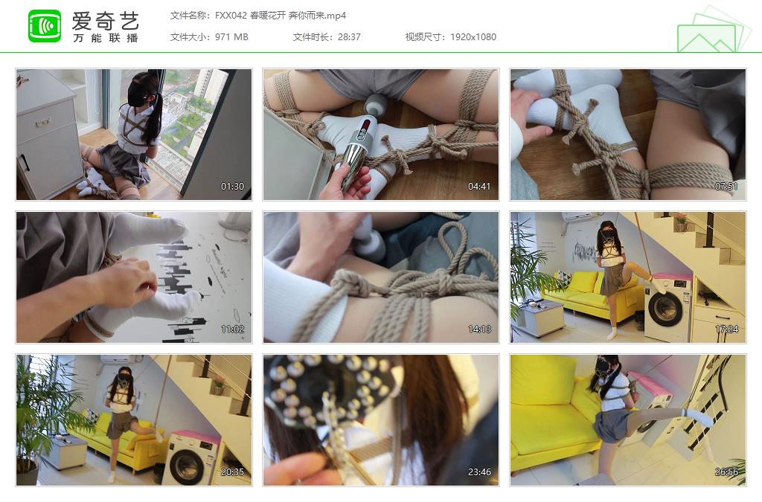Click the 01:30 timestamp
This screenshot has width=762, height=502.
232,187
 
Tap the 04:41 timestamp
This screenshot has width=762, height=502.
479,187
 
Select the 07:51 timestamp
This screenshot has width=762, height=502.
726,187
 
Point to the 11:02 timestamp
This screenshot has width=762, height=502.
232,329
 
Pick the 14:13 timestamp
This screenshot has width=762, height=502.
479,329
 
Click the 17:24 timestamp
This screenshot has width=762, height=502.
726,329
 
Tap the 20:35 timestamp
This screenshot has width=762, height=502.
232,472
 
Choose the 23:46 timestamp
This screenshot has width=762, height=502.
479,472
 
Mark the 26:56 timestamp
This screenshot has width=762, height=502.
726,472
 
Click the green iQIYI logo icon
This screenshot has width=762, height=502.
45,26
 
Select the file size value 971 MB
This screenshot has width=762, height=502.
231,37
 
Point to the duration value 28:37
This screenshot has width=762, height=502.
349,37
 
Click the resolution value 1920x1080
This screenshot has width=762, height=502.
473,37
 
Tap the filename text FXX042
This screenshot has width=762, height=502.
231,16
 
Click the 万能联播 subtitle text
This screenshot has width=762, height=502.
106,38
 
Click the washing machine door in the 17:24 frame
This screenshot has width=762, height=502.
665,309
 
